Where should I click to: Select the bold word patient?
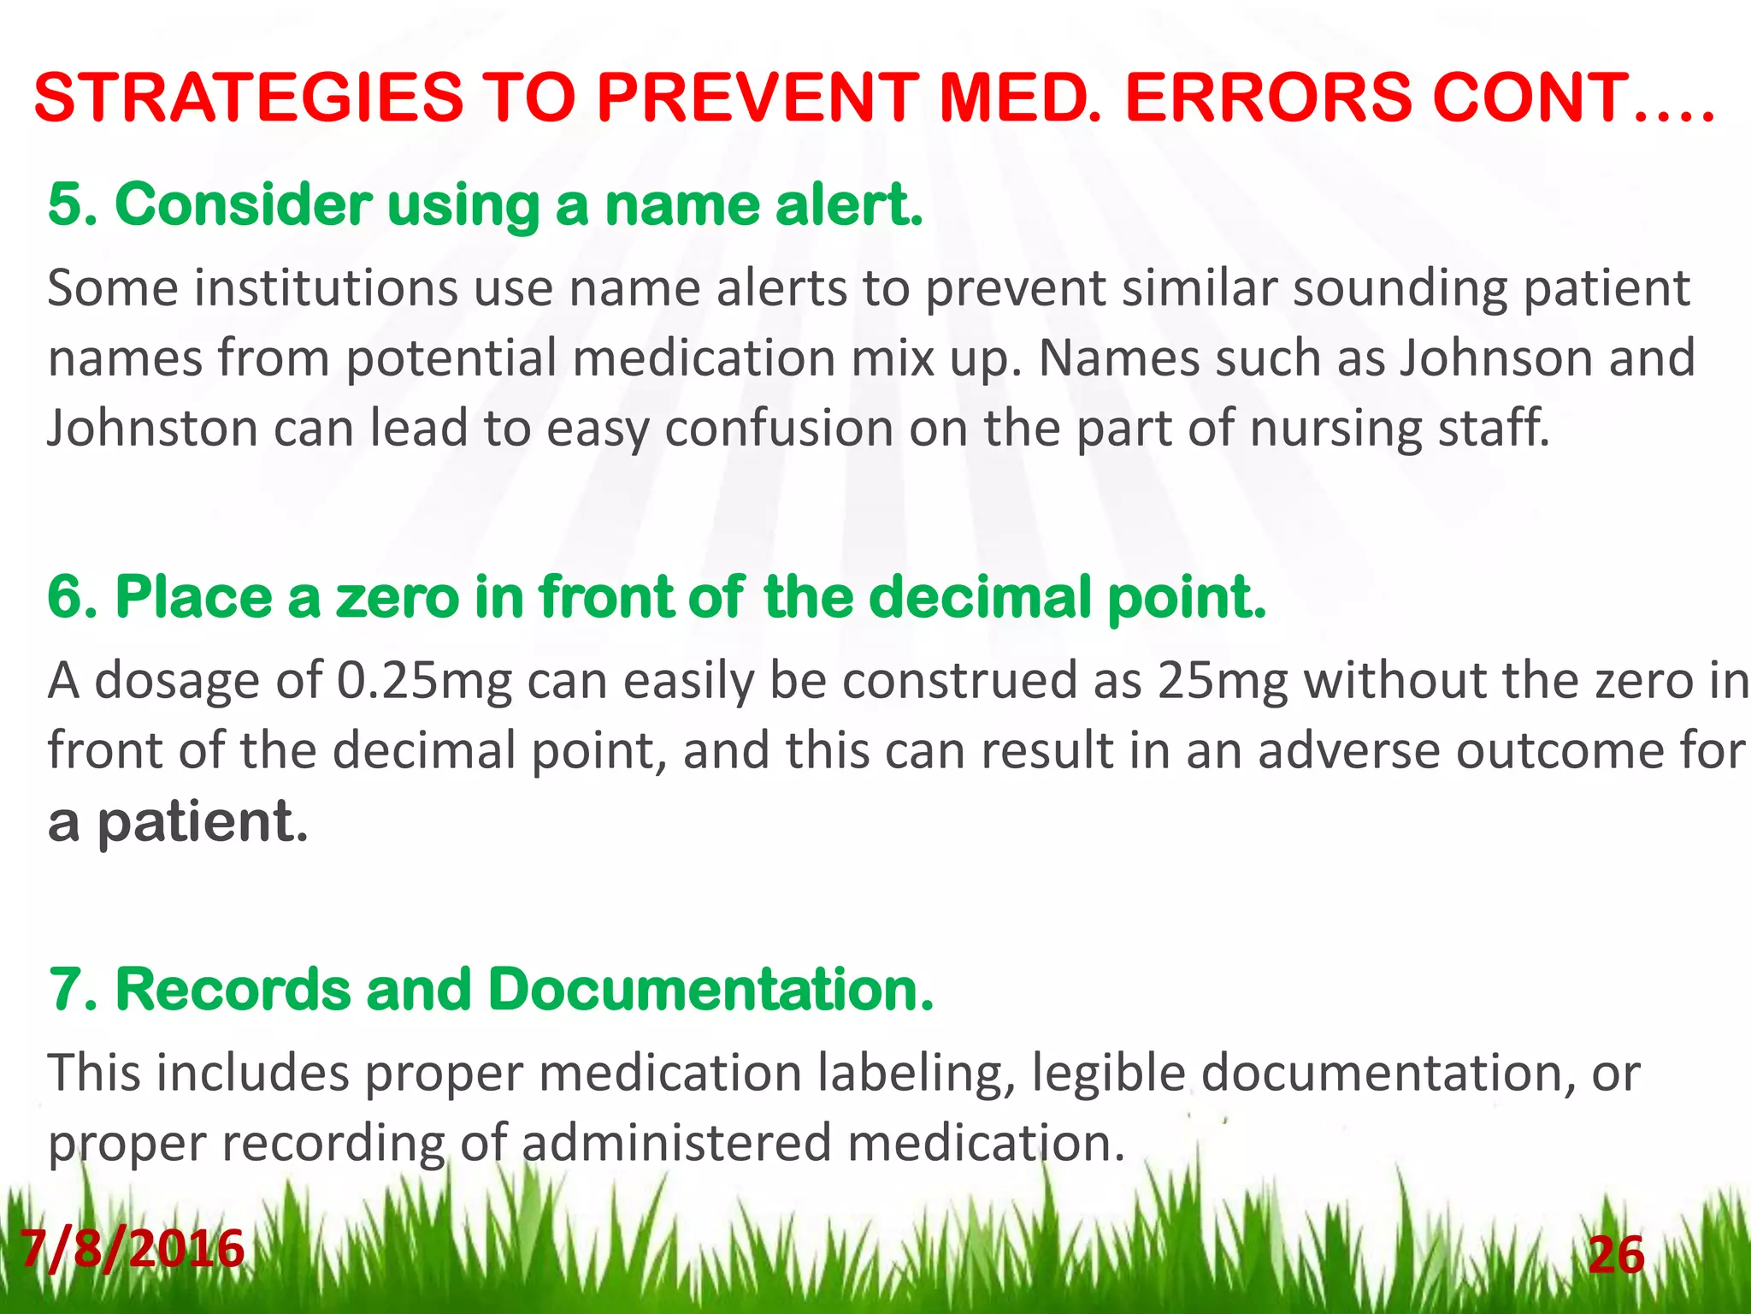(x=202, y=822)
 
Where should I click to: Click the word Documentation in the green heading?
(x=710, y=990)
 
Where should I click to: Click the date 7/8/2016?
(x=132, y=1249)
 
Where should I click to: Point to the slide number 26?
(x=1616, y=1256)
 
